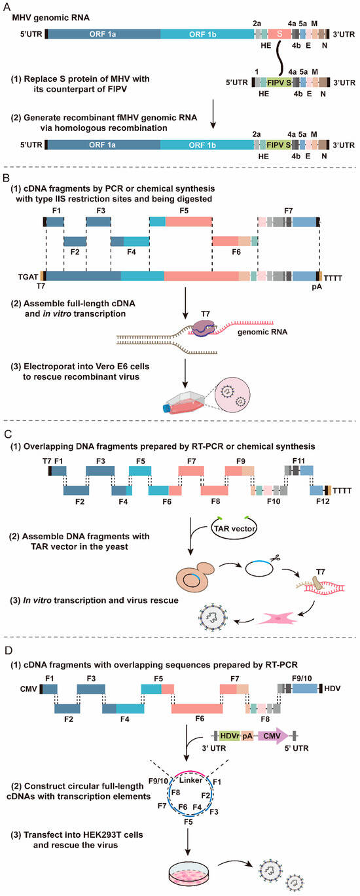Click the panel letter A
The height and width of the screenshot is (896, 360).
pos(7,6)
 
